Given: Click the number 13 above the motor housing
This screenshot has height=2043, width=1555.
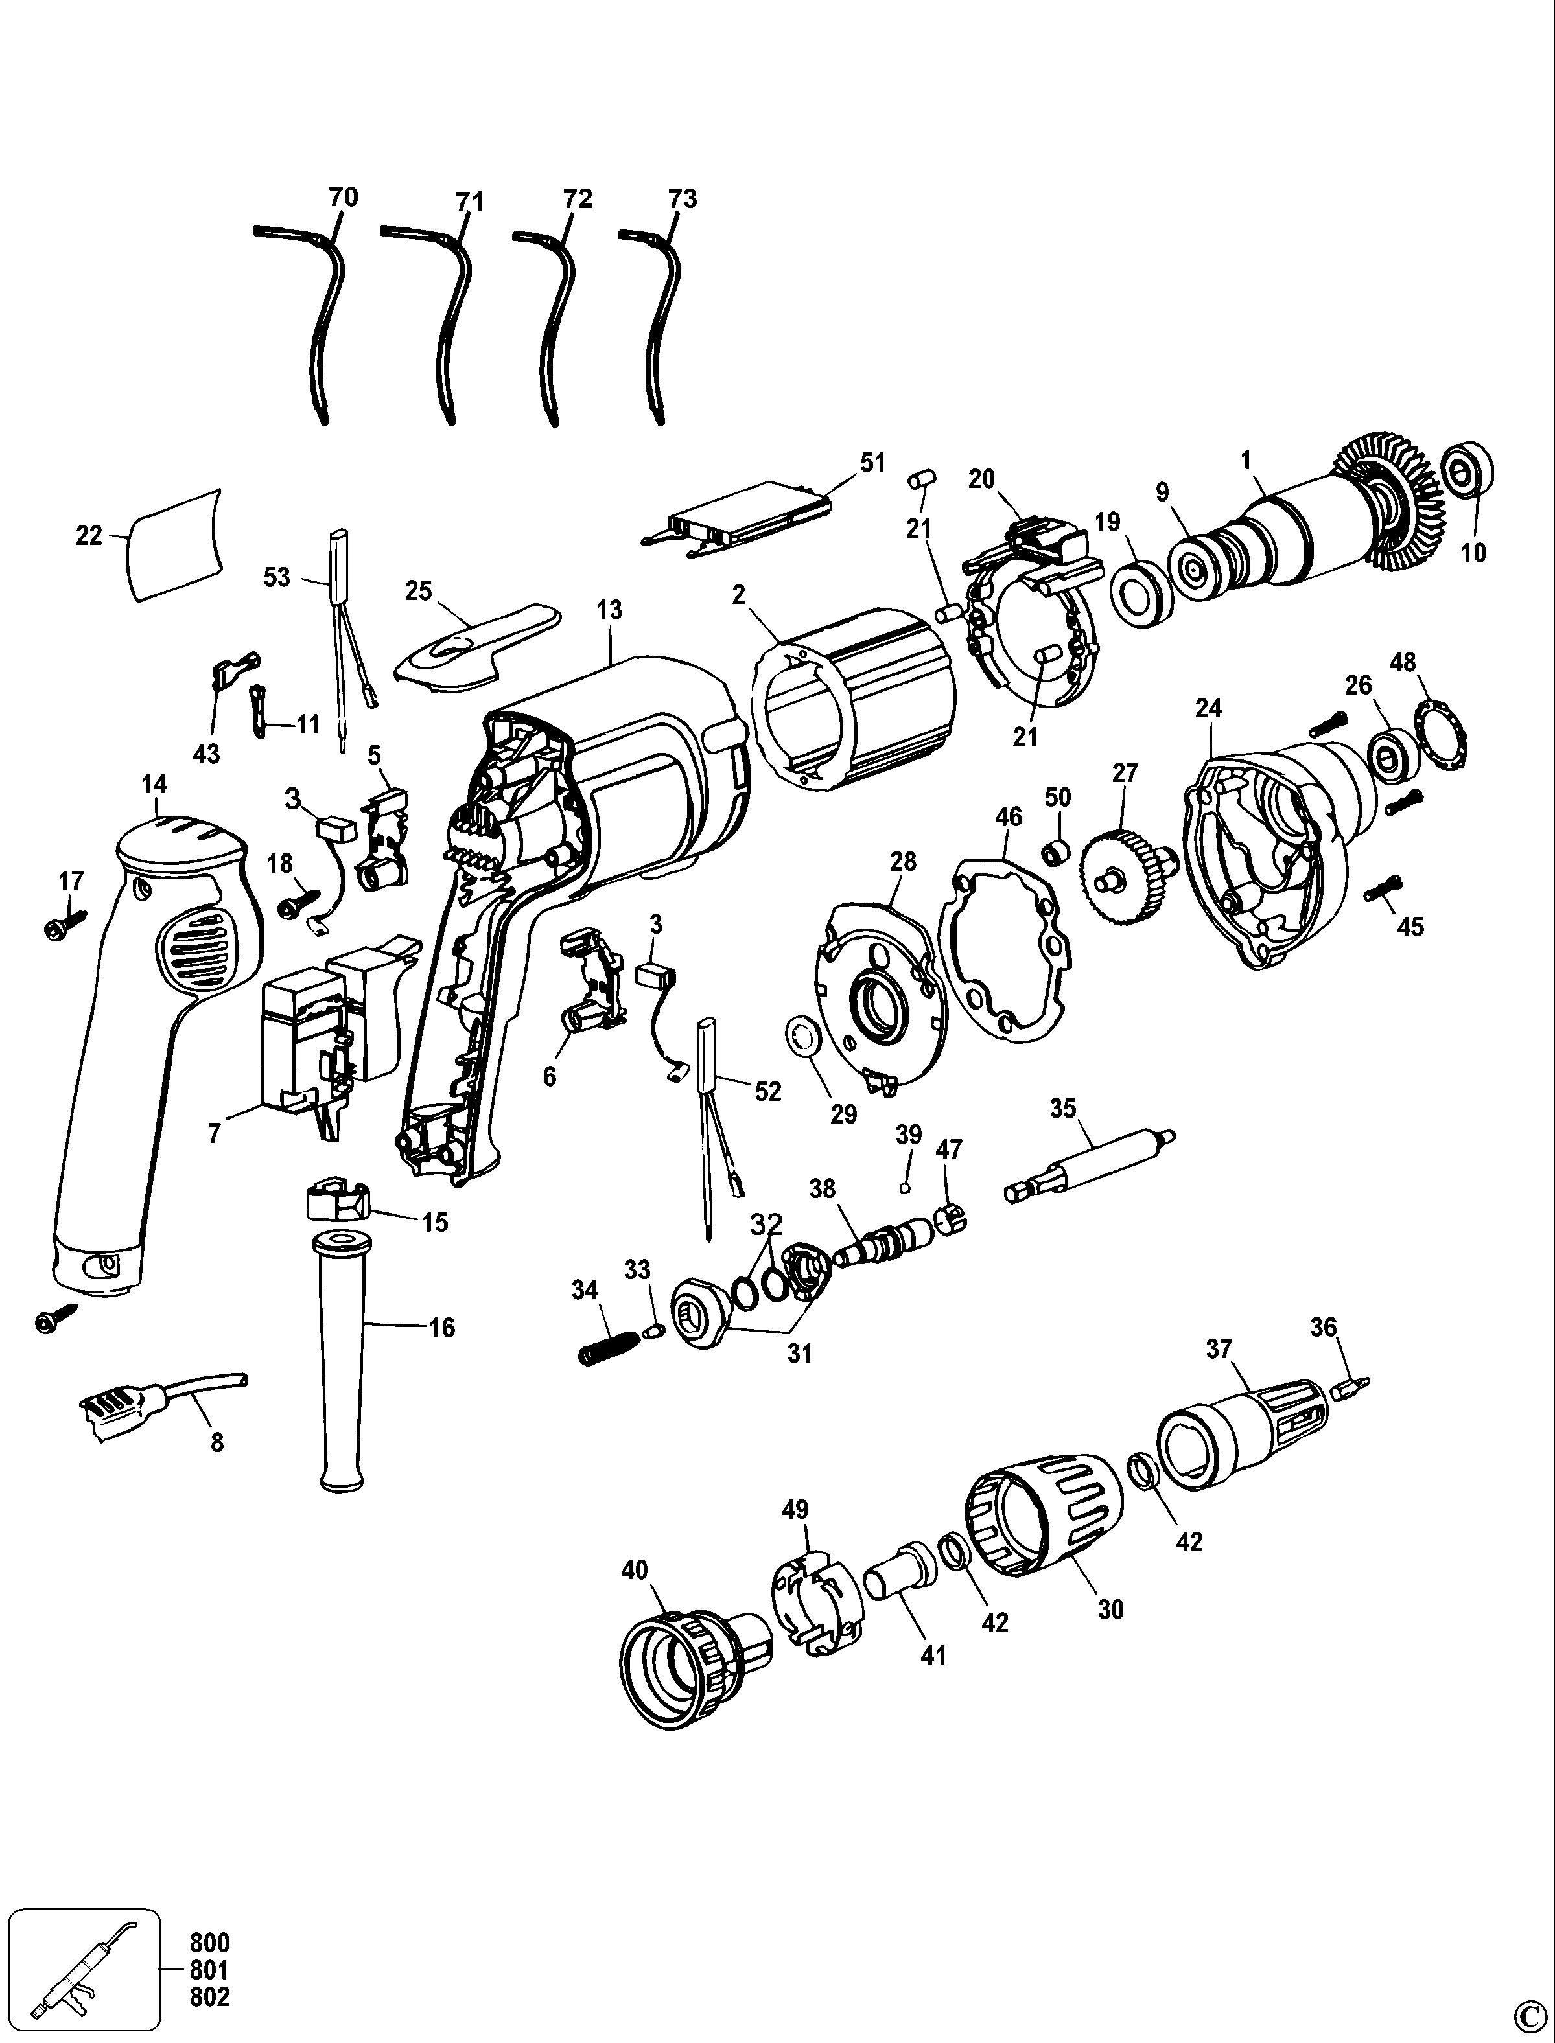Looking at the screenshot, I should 609,610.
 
